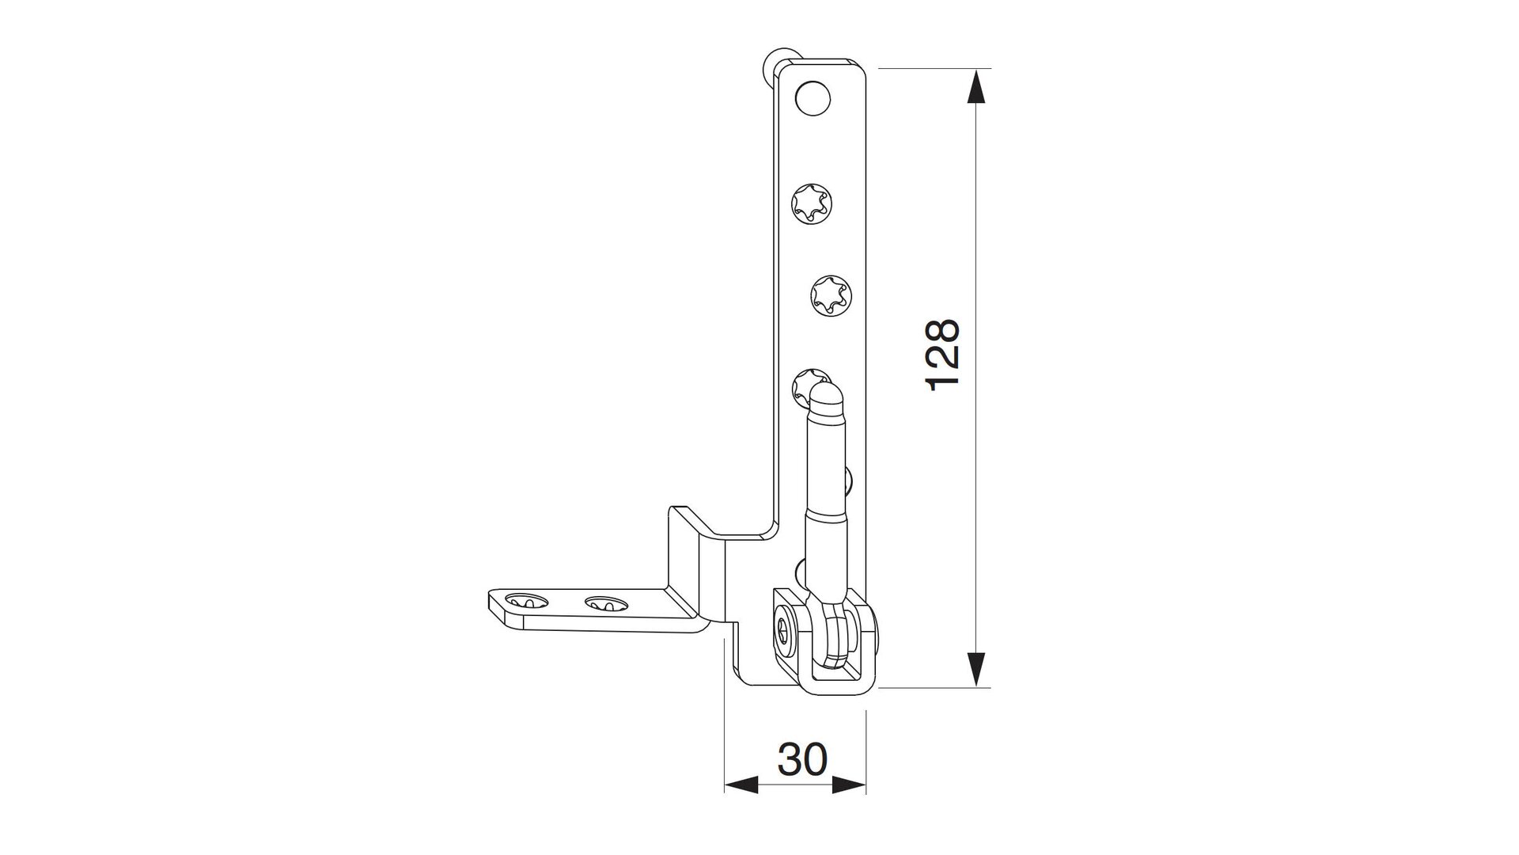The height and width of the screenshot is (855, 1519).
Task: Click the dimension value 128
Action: [943, 355]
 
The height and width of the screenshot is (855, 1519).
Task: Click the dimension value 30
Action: [802, 759]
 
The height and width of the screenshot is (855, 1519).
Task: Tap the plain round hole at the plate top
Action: [813, 99]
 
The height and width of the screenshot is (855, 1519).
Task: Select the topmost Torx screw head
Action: [811, 205]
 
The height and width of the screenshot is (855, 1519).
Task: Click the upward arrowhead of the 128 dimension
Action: [978, 85]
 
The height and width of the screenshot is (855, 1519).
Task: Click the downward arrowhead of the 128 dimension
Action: [978, 669]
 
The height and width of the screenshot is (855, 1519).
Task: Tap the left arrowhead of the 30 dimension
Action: [741, 785]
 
